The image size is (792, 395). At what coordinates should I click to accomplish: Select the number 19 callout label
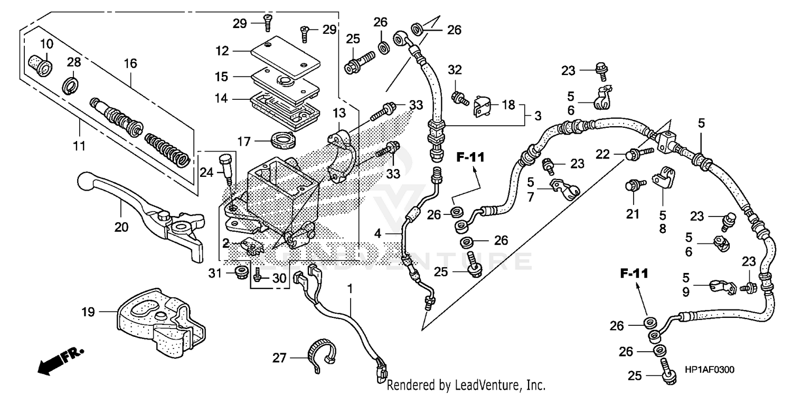click(x=88, y=312)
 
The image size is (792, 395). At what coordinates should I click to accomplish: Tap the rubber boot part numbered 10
click(x=41, y=65)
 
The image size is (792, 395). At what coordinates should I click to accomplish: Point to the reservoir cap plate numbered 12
click(x=285, y=57)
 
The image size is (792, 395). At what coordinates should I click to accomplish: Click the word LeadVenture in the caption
click(x=483, y=385)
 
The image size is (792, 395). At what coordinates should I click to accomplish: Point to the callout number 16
click(x=130, y=64)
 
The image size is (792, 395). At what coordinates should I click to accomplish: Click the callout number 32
click(x=455, y=70)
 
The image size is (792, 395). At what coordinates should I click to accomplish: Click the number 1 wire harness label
click(x=349, y=289)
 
